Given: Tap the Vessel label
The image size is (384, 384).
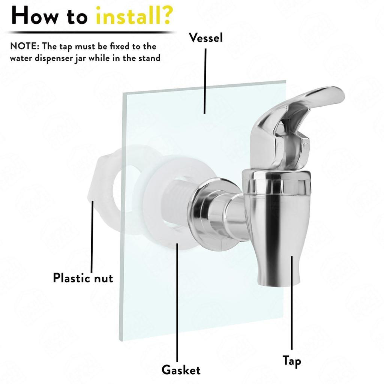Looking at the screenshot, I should tap(205, 37).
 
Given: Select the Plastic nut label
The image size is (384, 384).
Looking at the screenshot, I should tap(83, 278).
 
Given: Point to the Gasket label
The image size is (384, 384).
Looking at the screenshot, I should tap(181, 370).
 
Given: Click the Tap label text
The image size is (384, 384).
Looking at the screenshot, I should tap(292, 361).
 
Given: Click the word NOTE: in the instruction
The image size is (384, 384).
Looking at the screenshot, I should tap(25, 46).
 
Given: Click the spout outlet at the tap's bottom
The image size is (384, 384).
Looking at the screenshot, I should tap(279, 279).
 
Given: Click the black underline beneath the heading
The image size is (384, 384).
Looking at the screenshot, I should tap(90, 32).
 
